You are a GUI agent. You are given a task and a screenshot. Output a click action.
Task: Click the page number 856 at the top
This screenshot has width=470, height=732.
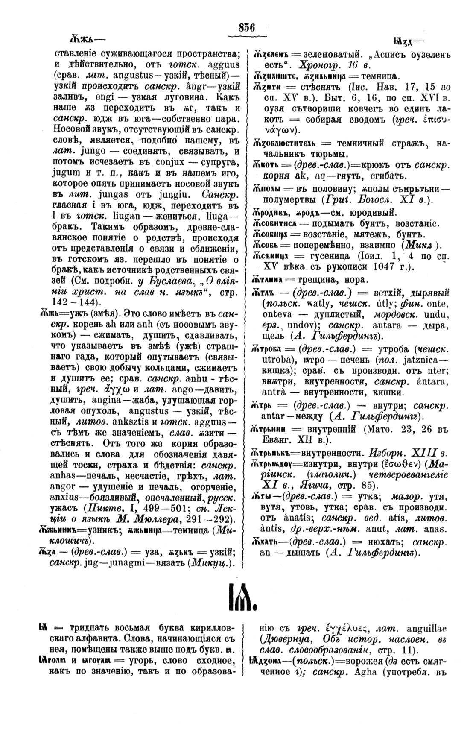[247, 28]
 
